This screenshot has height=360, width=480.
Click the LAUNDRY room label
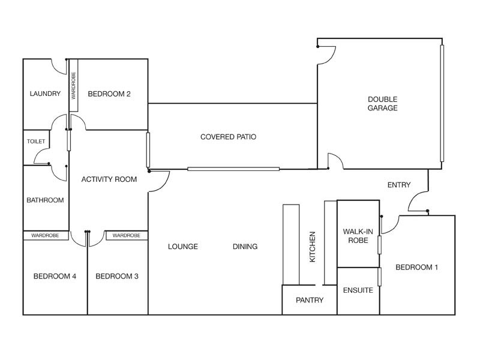[45, 94]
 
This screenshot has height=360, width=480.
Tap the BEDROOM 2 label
[109, 94]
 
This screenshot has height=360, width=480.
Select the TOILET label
[35, 142]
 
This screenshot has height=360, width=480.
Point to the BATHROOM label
[45, 200]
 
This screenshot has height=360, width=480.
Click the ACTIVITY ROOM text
[109, 179]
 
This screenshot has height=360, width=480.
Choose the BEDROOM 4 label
[55, 277]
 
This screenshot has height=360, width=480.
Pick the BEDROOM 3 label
[117, 277]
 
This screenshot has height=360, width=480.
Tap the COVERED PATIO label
[228, 137]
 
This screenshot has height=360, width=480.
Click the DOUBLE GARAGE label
[383, 104]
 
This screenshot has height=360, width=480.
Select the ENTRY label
[399, 185]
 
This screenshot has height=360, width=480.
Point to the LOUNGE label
[183, 247]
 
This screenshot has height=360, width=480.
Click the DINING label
[245, 247]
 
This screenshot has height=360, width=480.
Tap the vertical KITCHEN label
[312, 247]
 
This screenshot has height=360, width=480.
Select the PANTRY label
[310, 300]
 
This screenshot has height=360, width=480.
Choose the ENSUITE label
[358, 290]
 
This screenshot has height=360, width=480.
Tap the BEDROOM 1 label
[416, 268]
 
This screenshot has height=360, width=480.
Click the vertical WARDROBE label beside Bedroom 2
[73, 85]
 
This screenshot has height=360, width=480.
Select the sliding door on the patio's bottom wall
[233, 169]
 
